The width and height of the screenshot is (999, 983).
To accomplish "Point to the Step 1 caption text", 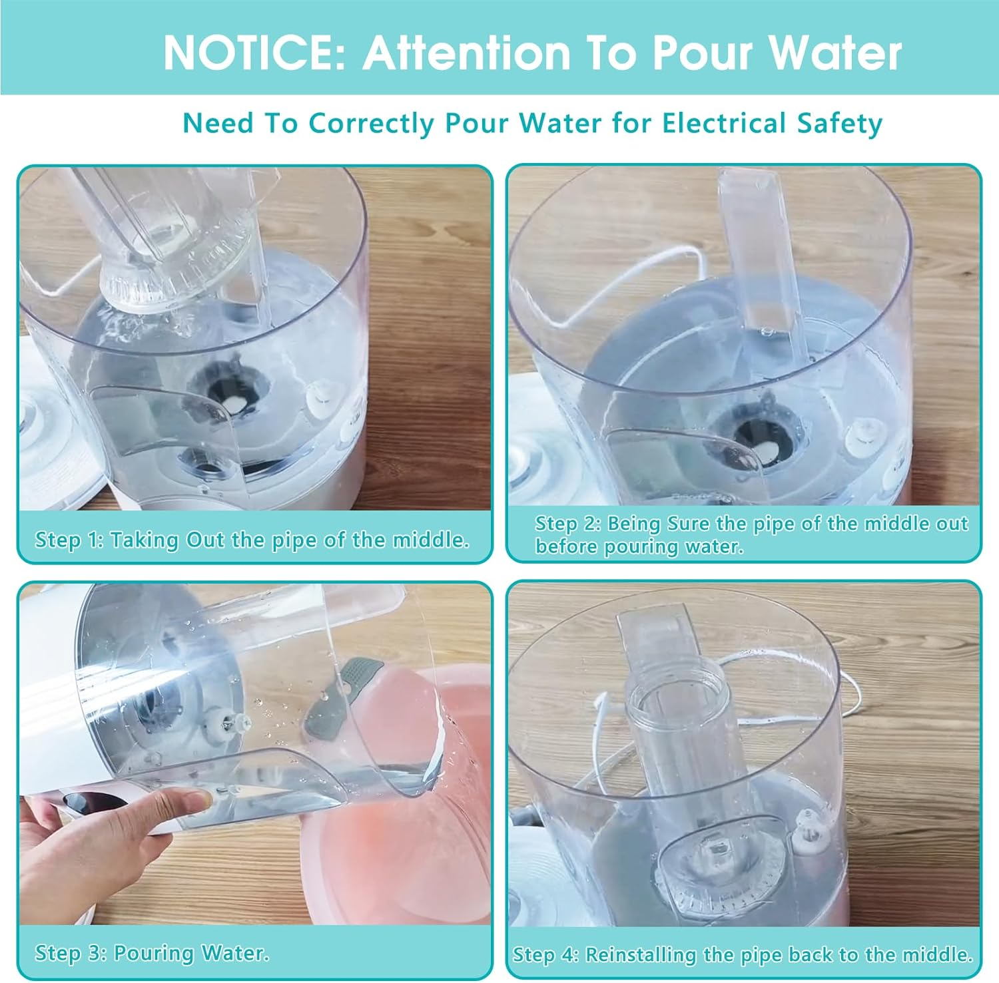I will coord(252,539).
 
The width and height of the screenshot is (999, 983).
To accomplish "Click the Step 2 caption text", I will coord(751,534).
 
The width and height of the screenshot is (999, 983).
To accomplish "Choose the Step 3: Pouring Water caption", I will coord(152,953).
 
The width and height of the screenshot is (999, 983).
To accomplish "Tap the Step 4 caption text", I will coord(743,954).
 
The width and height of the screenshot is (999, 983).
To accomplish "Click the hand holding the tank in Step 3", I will coord(100,839).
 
